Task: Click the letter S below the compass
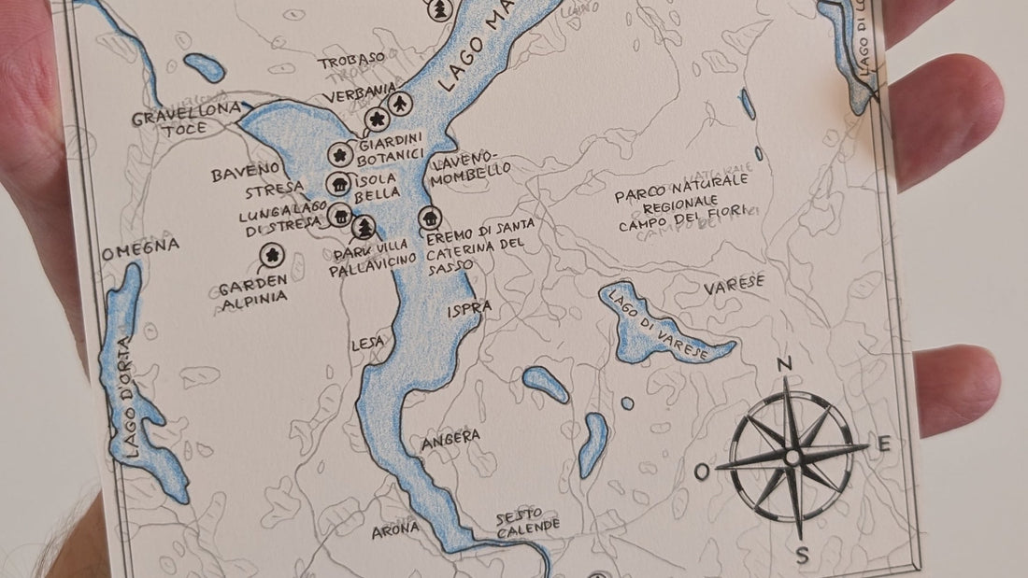pos(802,556)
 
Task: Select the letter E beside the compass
pos(883,444)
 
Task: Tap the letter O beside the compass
pos(702,472)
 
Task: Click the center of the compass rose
pos(792,457)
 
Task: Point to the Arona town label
pos(395,530)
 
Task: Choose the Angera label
pos(450,437)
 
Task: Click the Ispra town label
pos(469,308)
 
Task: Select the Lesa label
pos(366,343)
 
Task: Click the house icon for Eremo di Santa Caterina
pos(430,218)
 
